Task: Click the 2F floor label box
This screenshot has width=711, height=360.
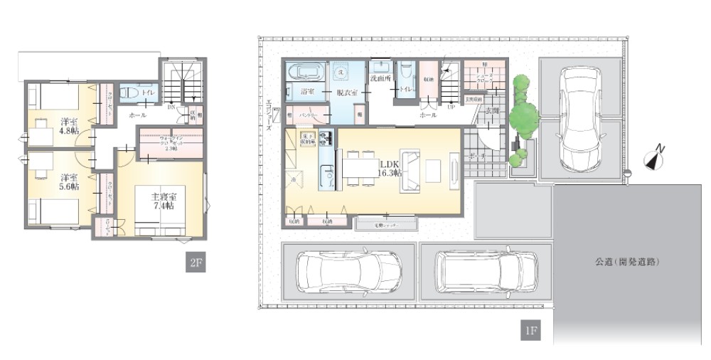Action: tap(196, 263)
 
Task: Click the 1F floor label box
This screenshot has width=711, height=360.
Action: tap(530, 331)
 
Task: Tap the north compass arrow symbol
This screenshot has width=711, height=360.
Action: tap(653, 160)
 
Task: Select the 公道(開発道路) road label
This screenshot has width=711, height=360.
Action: tap(628, 262)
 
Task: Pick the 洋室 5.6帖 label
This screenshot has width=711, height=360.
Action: tap(69, 181)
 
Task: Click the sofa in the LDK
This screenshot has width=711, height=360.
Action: tap(410, 171)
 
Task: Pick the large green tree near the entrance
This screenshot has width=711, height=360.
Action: tap(525, 117)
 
